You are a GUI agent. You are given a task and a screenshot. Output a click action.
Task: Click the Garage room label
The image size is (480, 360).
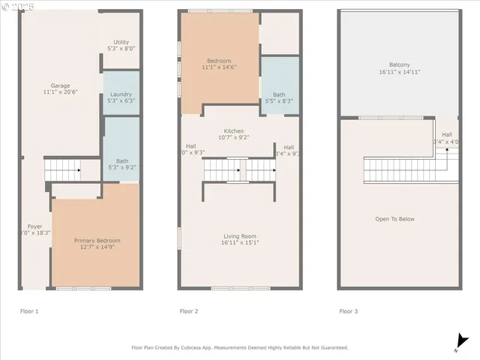click(x=60, y=85)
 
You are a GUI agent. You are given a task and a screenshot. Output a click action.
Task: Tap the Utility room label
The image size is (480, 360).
click(x=121, y=42)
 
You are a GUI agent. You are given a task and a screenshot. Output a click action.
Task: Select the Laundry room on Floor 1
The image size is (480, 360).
click(x=121, y=94)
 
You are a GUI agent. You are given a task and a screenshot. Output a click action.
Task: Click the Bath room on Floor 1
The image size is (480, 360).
click(x=121, y=139)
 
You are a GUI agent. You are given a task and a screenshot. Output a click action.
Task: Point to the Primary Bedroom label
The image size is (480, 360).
click(x=97, y=241)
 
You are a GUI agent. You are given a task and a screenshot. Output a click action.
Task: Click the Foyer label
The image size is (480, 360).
click(x=34, y=226)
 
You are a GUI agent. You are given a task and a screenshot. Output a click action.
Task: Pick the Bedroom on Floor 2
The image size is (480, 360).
click(x=219, y=61)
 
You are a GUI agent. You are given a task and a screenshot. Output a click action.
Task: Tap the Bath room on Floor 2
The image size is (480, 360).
click(x=279, y=94)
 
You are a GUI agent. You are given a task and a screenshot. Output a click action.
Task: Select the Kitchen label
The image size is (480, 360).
click(x=232, y=131)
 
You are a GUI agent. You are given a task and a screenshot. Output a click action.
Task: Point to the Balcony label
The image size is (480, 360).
click(x=400, y=64)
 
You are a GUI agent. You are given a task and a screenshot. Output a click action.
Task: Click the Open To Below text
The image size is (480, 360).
click(x=395, y=219)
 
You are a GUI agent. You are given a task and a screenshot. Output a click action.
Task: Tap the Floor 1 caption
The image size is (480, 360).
click(x=29, y=310)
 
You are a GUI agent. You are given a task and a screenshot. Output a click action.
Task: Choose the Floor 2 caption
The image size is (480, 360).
click(x=189, y=310)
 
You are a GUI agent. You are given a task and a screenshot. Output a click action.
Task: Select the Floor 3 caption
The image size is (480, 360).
click(x=349, y=310)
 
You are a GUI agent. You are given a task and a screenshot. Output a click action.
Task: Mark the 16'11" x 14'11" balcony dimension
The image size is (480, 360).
click(x=400, y=73)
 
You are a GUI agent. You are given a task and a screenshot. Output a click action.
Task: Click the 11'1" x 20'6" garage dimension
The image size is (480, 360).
click(x=60, y=93)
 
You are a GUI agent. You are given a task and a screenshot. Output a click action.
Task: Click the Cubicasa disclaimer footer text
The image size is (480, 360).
click(x=240, y=347)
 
